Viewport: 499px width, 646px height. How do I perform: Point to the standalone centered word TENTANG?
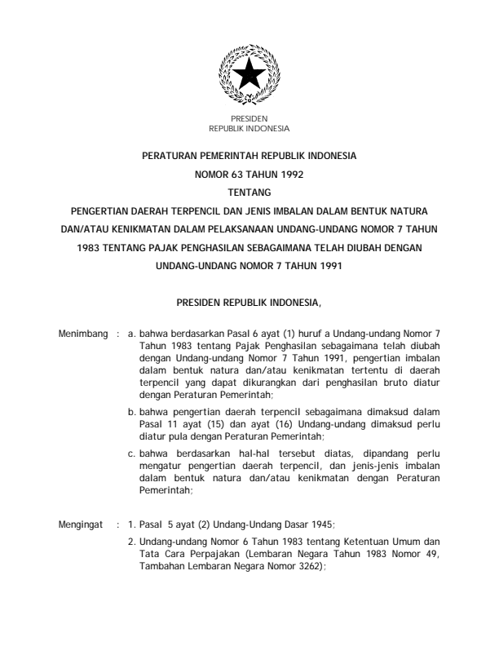click(249, 192)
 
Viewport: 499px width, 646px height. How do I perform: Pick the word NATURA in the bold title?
click(423, 211)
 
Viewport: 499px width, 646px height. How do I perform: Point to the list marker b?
click(132, 413)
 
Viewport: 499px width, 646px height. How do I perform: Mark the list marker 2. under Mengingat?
click(132, 541)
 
